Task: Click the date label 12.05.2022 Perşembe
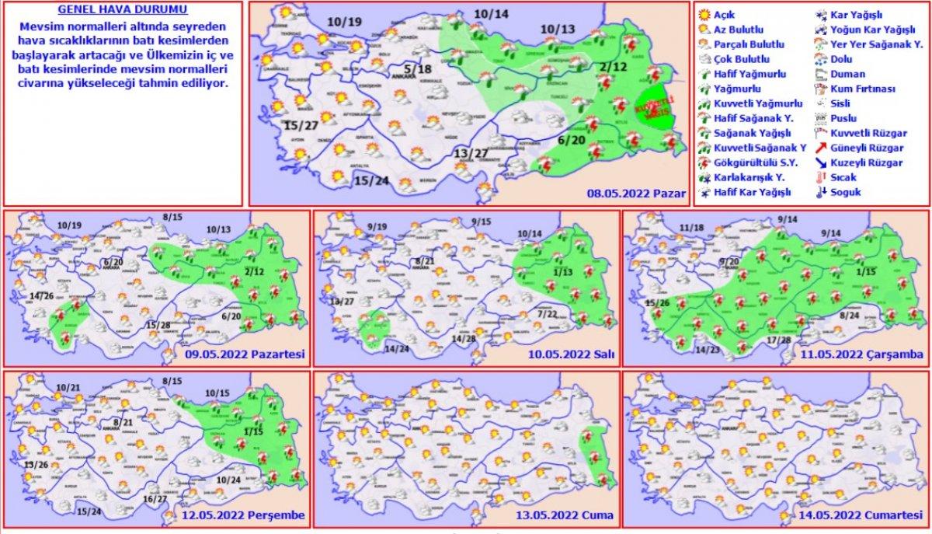[x=244, y=515]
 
